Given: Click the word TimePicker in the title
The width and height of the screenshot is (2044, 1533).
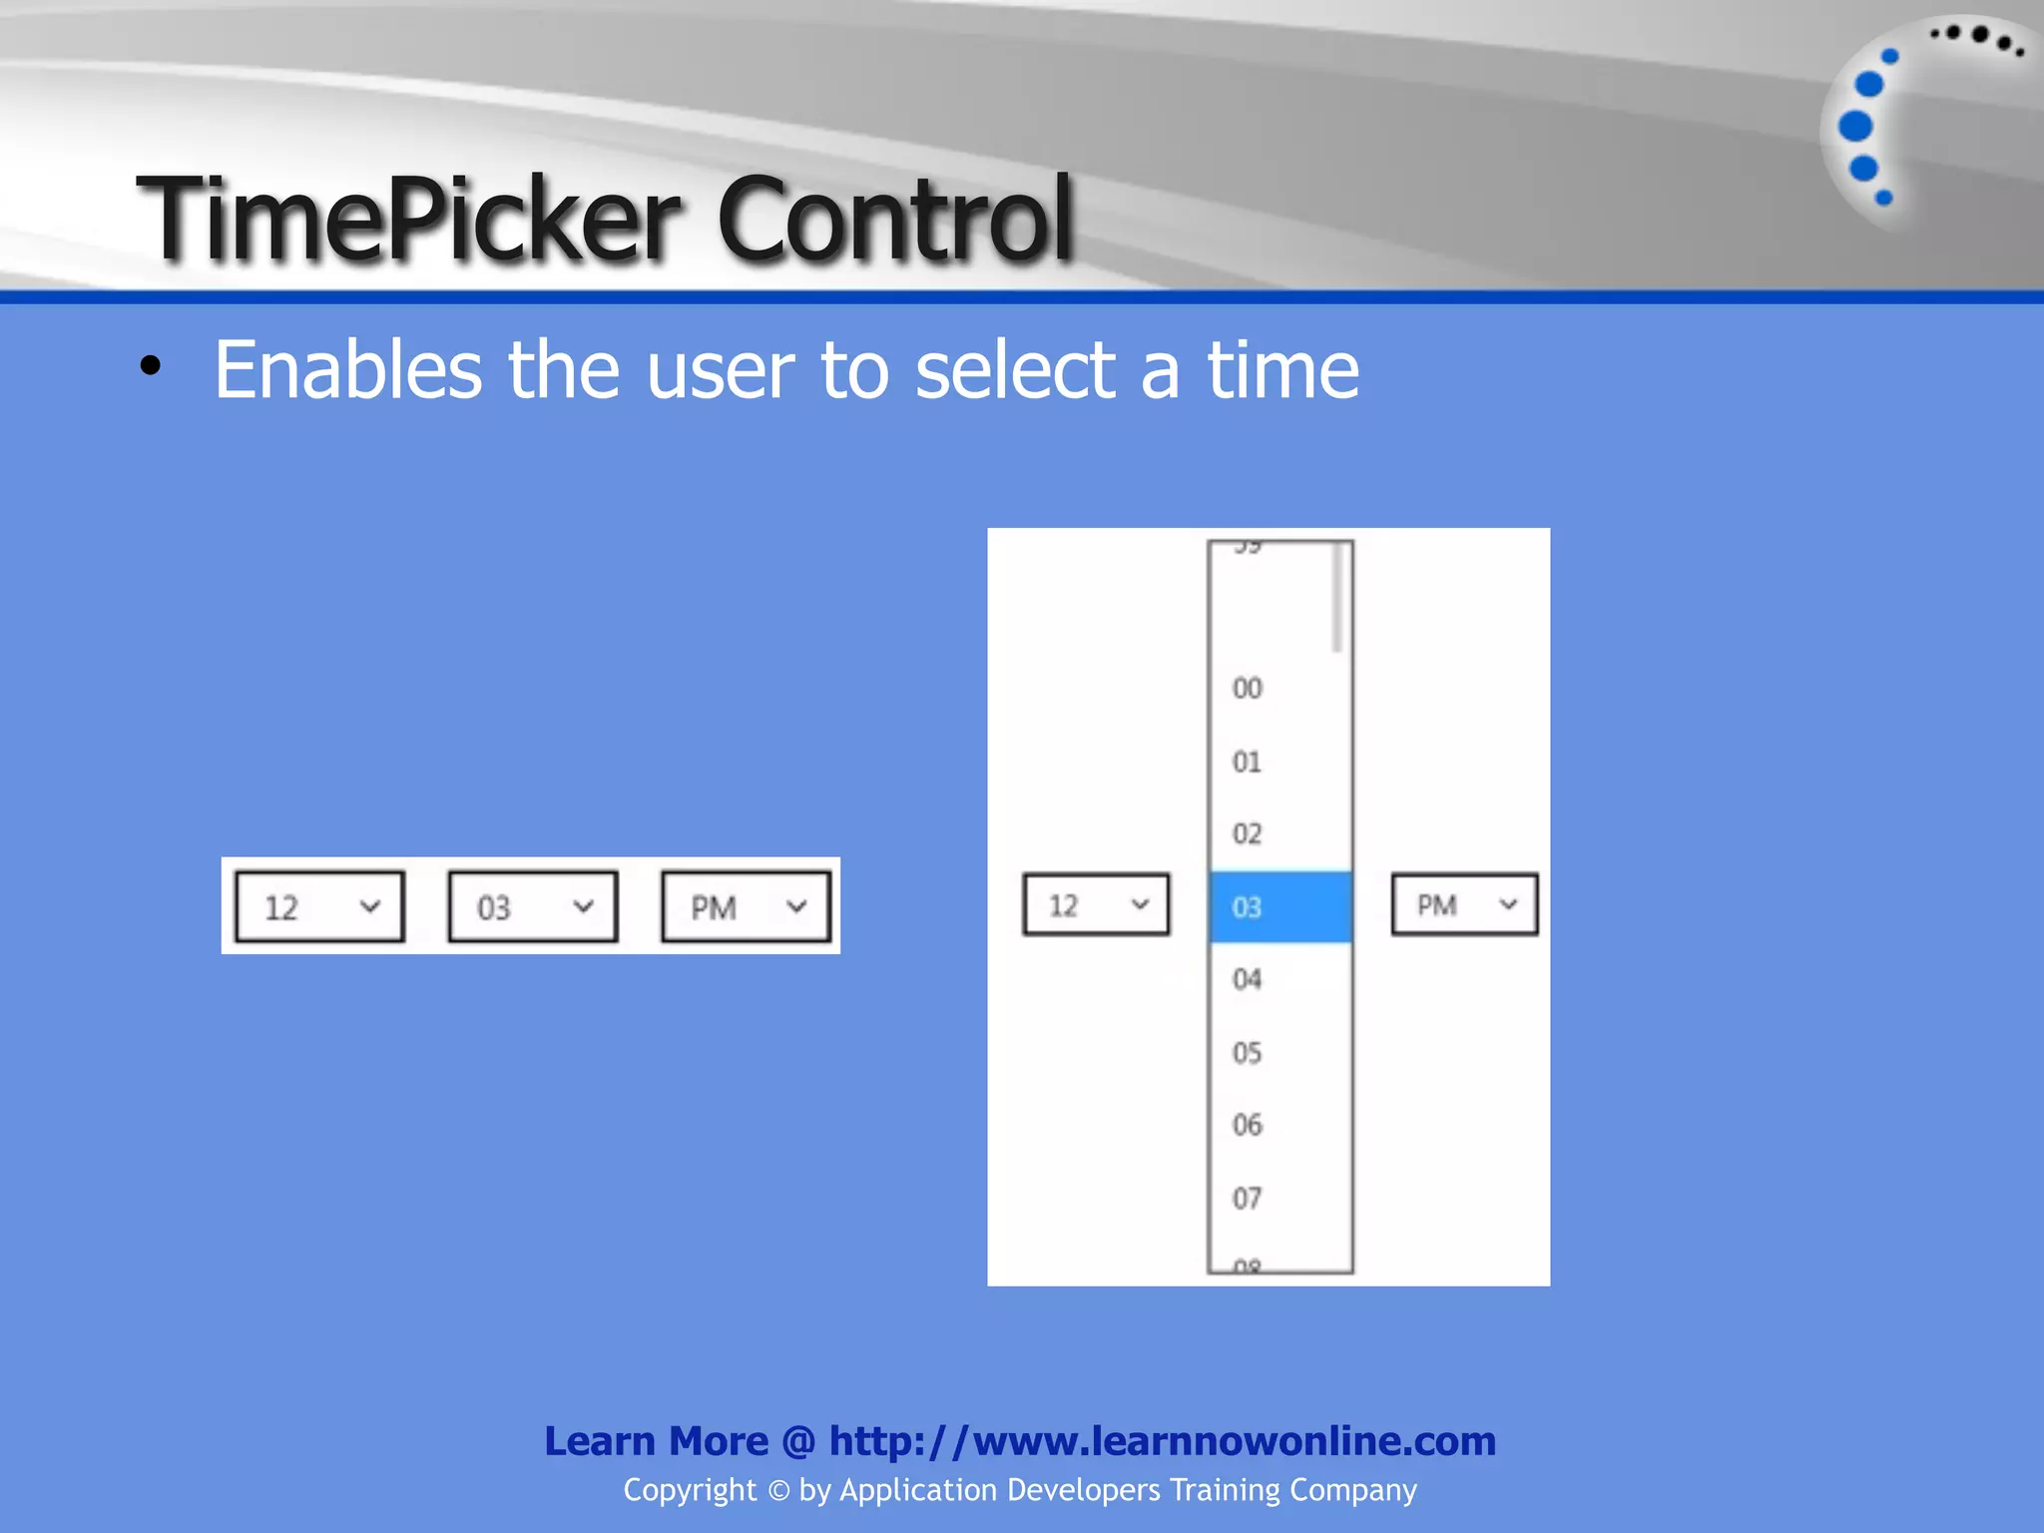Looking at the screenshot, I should click(x=409, y=218).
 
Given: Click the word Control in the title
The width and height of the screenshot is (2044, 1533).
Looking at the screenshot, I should click(x=894, y=218).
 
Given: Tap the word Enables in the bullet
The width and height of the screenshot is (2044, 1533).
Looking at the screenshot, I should click(x=348, y=369).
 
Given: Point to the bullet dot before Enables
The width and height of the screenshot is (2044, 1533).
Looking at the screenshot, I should click(x=151, y=366).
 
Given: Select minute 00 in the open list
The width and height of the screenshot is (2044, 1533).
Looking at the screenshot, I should click(x=1248, y=689).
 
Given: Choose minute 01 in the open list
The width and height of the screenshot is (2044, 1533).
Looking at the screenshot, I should click(x=1248, y=763).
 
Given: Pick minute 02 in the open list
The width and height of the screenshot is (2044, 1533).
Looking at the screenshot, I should click(x=1248, y=834).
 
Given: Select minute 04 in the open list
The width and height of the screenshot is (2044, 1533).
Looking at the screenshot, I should click(x=1248, y=980).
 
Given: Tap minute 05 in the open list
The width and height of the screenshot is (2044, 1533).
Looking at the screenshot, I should click(x=1248, y=1053).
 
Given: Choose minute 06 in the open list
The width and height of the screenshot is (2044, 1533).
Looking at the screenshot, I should click(x=1248, y=1126).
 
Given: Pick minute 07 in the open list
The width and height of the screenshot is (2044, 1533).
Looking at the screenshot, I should click(x=1248, y=1199).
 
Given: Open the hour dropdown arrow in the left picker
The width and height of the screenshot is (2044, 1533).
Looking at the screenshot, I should click(x=370, y=907).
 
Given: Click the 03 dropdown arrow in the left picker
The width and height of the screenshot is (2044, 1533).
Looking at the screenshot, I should click(x=584, y=907).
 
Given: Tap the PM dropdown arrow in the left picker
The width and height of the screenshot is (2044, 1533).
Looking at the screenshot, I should click(x=796, y=907).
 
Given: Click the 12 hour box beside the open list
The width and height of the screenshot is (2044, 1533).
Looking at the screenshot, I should click(x=1095, y=905).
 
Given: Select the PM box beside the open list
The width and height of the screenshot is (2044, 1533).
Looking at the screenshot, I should click(x=1464, y=905).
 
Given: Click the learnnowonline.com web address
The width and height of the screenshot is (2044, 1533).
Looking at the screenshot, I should click(x=1162, y=1441).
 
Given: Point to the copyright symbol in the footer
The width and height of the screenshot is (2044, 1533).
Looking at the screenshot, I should click(x=778, y=1491).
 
